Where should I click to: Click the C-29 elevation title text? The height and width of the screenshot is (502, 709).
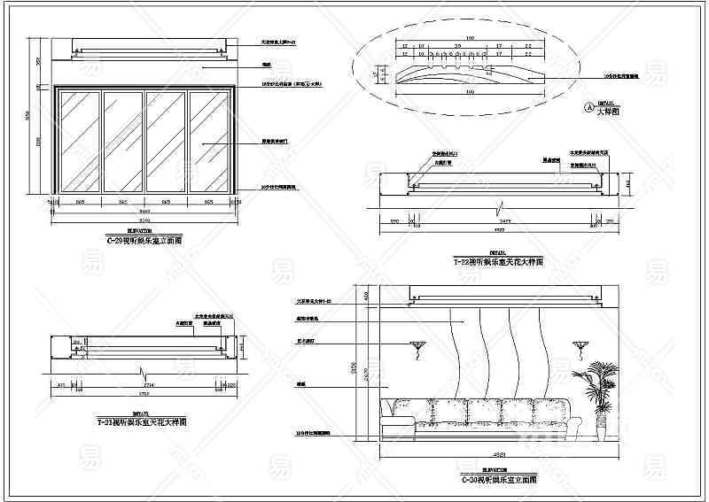[x=144, y=239]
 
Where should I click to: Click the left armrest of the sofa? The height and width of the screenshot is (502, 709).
[x=390, y=416]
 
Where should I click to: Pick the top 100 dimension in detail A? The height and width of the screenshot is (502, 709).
[x=471, y=38]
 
